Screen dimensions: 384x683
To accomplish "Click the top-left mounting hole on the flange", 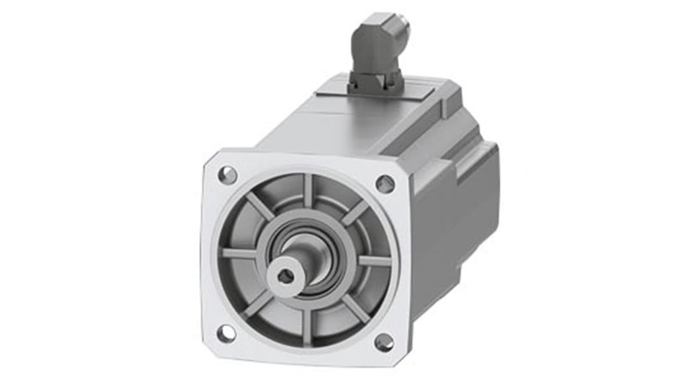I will click(228, 175).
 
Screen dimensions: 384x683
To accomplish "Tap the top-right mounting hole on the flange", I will click(385, 184).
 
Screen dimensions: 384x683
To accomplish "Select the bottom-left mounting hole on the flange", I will click(226, 333).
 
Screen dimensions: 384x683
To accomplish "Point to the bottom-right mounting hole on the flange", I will click(384, 342).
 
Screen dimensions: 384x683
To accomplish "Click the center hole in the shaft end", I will click(286, 276).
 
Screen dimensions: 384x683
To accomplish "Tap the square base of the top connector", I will click(375, 82).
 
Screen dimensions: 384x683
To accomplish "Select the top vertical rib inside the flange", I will click(308, 191).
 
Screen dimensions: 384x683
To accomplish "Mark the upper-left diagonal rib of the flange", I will click(260, 206).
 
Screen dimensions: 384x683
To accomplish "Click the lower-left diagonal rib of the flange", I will click(258, 304).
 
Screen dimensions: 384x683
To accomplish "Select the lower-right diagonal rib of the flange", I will click(356, 308).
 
